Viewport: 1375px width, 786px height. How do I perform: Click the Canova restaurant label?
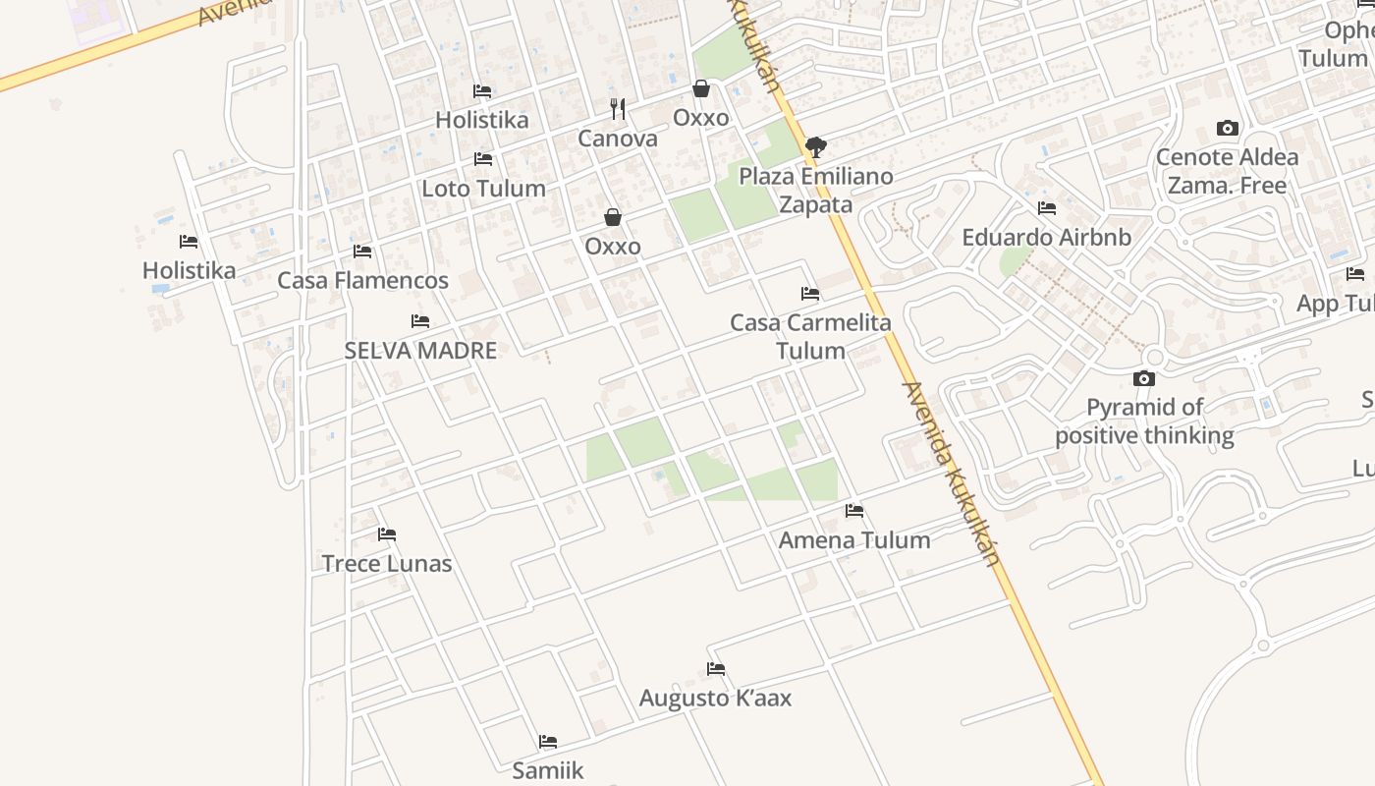pyautogui.click(x=618, y=139)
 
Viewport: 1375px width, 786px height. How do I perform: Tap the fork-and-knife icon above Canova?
pyautogui.click(x=618, y=108)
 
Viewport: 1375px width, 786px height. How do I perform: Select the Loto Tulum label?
pyautogui.click(x=483, y=188)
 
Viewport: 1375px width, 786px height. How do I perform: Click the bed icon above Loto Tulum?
pyautogui.click(x=483, y=158)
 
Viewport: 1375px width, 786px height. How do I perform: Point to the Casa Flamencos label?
pyautogui.click(x=362, y=280)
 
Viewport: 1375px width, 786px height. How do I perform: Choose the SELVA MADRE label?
pyautogui.click(x=420, y=350)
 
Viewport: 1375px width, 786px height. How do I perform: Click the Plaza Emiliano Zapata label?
pyautogui.click(x=816, y=190)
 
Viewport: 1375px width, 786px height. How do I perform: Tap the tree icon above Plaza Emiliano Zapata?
pyautogui.click(x=815, y=147)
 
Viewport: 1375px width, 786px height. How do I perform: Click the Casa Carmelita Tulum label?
pyautogui.click(x=810, y=336)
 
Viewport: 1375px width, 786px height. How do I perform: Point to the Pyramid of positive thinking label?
pyautogui.click(x=1144, y=421)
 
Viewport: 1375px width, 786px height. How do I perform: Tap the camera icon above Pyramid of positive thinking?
pyautogui.click(x=1144, y=378)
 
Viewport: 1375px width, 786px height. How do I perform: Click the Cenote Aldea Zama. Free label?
pyautogui.click(x=1227, y=171)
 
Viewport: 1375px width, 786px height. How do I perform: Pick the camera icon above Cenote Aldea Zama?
pyautogui.click(x=1227, y=128)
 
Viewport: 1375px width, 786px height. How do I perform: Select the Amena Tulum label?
pyautogui.click(x=854, y=539)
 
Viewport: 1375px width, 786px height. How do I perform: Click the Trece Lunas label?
pyautogui.click(x=387, y=563)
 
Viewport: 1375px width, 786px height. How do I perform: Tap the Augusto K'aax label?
pyautogui.click(x=715, y=698)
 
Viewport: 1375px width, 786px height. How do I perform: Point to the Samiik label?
pyautogui.click(x=548, y=770)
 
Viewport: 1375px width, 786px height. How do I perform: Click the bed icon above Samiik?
pyautogui.click(x=548, y=741)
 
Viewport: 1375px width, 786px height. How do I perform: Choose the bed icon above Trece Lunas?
pyautogui.click(x=387, y=534)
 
